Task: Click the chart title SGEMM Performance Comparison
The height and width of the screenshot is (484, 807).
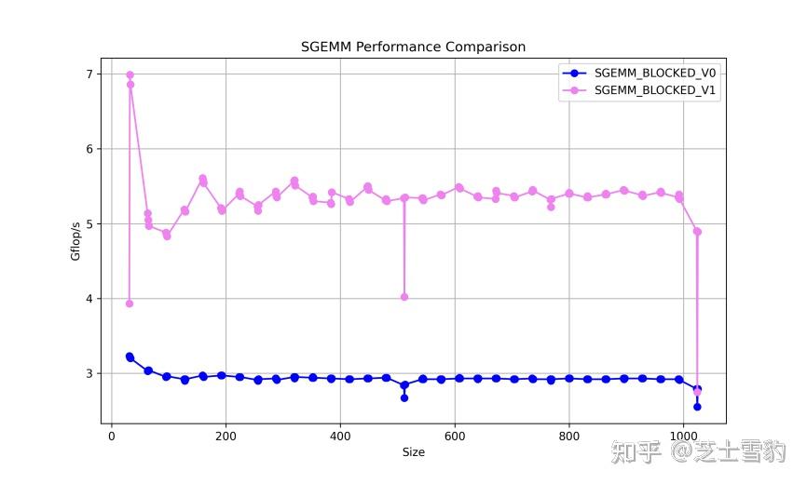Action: click(413, 47)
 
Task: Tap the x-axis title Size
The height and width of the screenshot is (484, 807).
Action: click(413, 452)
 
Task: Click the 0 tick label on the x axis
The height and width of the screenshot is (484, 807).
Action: click(112, 436)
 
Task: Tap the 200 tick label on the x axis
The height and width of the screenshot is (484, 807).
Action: click(226, 436)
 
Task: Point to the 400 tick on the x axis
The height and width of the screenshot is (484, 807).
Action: click(340, 436)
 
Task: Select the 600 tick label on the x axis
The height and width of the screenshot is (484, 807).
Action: click(455, 436)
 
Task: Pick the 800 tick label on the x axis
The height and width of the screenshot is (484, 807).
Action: click(568, 436)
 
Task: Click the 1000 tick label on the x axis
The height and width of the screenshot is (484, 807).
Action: click(683, 436)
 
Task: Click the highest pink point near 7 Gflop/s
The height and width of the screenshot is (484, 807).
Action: click(130, 74)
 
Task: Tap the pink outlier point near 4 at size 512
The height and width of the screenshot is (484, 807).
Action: click(404, 297)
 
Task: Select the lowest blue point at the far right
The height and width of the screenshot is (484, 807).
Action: click(697, 407)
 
